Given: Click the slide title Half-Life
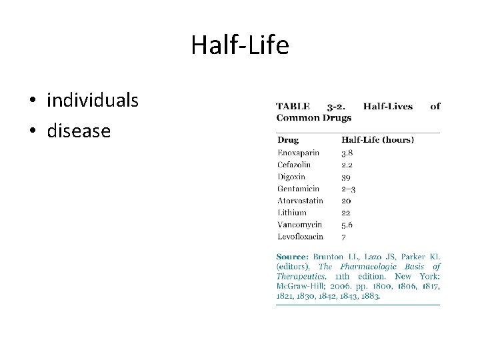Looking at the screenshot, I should coord(240,45).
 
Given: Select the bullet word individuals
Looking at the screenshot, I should coord(93,101).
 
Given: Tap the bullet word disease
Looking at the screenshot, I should coord(79,131).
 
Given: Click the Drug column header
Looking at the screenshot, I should coord(288,140).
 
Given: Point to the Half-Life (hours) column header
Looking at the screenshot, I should coord(377,140).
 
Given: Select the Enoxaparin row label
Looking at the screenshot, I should coord(298,153).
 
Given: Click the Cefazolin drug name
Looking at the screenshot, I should coord(294,165).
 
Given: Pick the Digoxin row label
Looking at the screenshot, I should coord(291,177).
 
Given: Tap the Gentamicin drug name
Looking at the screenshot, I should coord(298,189).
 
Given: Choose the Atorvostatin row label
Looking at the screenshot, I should coord(300,201).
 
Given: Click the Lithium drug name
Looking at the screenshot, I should coord(292,213).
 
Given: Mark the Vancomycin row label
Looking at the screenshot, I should coord(299,225).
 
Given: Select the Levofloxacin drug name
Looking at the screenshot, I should coord(300,237).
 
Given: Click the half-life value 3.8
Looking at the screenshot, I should coord(347,153).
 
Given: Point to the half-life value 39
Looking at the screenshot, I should coord(346,177).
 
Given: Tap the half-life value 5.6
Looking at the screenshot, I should coord(347,225).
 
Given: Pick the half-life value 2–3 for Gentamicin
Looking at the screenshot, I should coord(349,189).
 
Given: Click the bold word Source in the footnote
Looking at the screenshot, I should coord(292,257).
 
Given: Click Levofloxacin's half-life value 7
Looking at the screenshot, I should coord(344,237).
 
